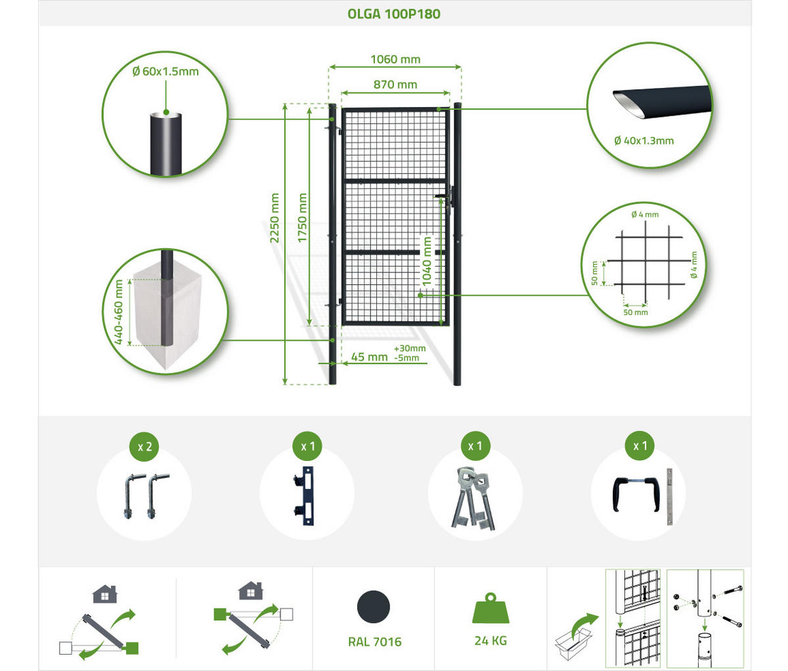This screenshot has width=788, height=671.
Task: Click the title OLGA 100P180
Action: pyautogui.click(x=394, y=14)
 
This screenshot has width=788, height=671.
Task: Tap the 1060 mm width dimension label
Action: pyautogui.click(x=395, y=60)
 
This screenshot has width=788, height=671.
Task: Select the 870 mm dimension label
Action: pyautogui.click(x=395, y=85)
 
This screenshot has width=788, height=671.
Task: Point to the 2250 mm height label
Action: pyautogui.click(x=275, y=218)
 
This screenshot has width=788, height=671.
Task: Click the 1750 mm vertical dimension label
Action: pyautogui.click(x=302, y=218)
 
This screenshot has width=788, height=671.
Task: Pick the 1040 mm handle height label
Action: pyautogui.click(x=427, y=261)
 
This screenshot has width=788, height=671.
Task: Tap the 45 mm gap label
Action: pyautogui.click(x=369, y=357)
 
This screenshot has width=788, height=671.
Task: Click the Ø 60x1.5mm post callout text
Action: pyautogui.click(x=165, y=72)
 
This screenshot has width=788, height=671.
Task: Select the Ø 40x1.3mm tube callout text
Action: pyautogui.click(x=644, y=141)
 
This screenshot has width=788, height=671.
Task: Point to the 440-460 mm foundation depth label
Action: pyautogui.click(x=119, y=312)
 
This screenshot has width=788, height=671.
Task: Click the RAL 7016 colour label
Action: pyautogui.click(x=375, y=641)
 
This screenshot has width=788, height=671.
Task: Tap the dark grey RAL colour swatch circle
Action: pyautogui.click(x=374, y=607)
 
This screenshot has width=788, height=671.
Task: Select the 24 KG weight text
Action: pyautogui.click(x=491, y=641)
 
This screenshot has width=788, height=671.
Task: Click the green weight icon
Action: pyautogui.click(x=491, y=608)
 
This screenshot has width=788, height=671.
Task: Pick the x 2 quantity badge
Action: pyautogui.click(x=144, y=446)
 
